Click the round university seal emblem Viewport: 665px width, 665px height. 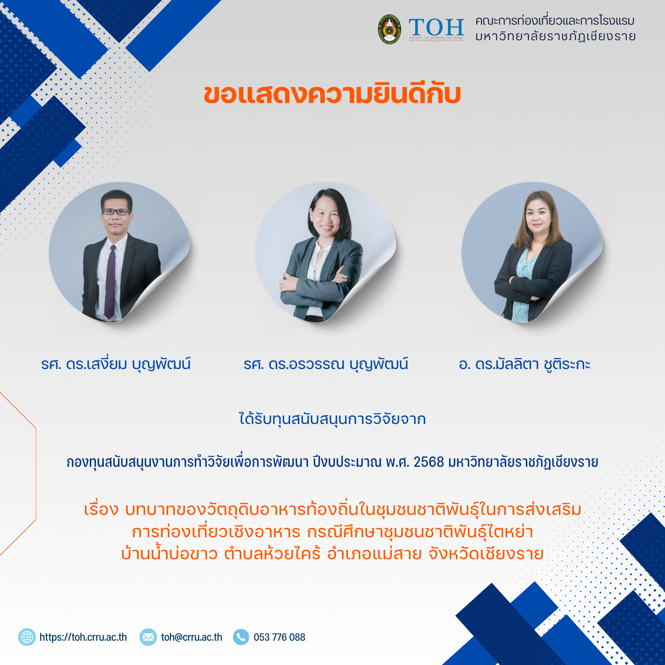click(x=390, y=29)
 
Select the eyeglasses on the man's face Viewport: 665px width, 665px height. click(x=116, y=212)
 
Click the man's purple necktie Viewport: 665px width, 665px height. click(x=110, y=282)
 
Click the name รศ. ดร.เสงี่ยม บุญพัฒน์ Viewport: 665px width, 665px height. click(x=116, y=364)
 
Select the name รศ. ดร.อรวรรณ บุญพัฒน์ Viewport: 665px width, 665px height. click(x=326, y=364)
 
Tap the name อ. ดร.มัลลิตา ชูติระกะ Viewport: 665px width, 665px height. click(x=524, y=364)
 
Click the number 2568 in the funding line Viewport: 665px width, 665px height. click(x=429, y=462)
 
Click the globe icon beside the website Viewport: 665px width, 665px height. click(x=27, y=637)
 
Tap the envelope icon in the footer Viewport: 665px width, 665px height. click(x=148, y=637)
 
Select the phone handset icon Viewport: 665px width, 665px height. click(x=241, y=637)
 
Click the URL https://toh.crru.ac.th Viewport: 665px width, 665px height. click(x=83, y=637)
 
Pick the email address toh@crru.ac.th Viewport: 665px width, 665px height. click(x=192, y=637)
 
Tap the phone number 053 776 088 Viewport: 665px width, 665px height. click(x=279, y=637)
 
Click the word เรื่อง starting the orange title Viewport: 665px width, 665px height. click(x=101, y=510)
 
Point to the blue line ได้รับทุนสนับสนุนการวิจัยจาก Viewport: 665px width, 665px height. click(x=332, y=419)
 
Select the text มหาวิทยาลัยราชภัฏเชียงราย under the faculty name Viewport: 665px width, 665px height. click(x=555, y=37)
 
